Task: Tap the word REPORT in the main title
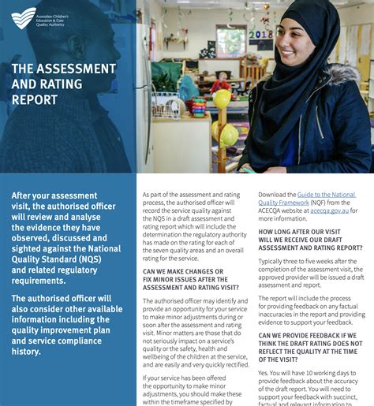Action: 34,100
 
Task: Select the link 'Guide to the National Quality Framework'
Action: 307,198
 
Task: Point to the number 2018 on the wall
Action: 260,35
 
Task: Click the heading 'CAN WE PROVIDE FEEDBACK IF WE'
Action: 310,335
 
